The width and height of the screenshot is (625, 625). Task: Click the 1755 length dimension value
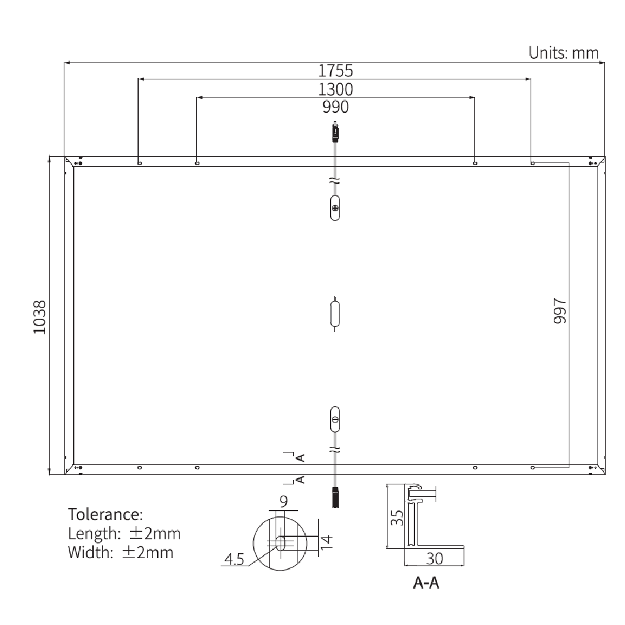pos(336,70)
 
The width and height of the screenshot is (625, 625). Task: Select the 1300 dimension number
pos(336,89)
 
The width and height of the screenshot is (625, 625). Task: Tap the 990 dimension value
pos(336,107)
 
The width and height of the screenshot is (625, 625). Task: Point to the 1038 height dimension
pos(40,317)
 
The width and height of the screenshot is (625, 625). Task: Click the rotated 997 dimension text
pos(559,311)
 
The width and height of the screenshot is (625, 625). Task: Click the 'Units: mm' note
pos(564,52)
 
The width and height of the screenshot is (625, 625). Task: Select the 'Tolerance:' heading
pos(106,515)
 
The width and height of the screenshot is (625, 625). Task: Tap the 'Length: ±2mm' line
pos(124,534)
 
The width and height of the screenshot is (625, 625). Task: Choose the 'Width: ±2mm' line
pos(121,552)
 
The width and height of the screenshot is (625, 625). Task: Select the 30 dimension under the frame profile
pos(434,558)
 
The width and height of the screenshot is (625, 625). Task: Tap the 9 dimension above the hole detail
pos(284,501)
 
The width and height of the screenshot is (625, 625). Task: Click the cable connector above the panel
pos(336,132)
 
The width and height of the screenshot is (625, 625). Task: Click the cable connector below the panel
pos(336,496)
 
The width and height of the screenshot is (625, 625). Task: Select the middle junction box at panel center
pos(336,314)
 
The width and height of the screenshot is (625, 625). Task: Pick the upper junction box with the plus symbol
pos(336,207)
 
